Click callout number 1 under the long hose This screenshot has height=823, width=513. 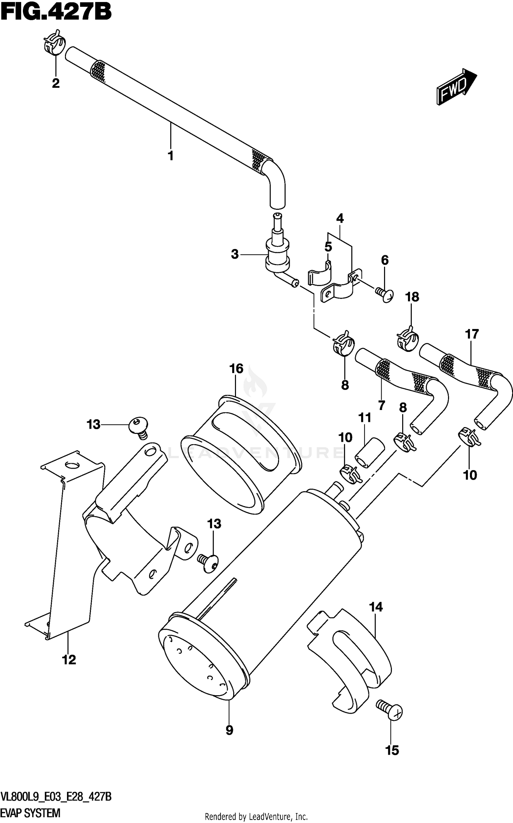pos(170,156)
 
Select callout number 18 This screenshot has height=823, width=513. pos(412,297)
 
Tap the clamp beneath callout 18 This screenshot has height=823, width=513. pos(407,338)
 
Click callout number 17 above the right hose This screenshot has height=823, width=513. pos(472,334)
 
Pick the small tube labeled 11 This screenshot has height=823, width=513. pos(370,452)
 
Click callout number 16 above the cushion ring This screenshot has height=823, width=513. pos(236,369)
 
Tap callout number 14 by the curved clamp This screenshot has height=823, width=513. pos(376,607)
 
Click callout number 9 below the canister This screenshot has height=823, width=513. pos(229,730)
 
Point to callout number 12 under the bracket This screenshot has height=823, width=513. pos(69,660)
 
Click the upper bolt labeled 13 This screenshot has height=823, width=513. pos(139,426)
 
